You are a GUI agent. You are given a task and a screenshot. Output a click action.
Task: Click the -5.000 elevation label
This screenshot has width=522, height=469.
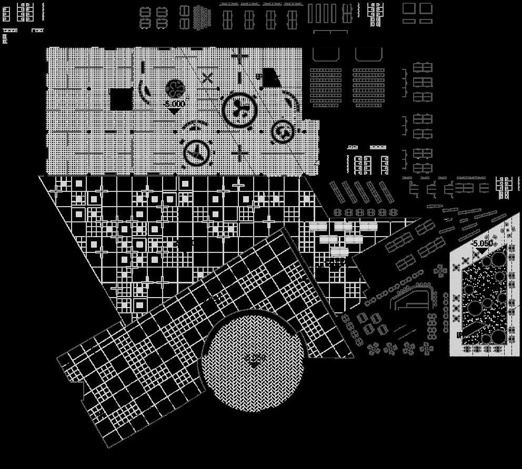(174, 104)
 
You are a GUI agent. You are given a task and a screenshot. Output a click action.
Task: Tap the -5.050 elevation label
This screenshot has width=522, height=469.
(483, 243)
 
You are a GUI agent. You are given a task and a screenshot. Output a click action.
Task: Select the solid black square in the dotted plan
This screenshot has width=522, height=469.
(121, 99)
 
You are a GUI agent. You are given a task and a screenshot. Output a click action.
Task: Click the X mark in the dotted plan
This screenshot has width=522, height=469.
(207, 78)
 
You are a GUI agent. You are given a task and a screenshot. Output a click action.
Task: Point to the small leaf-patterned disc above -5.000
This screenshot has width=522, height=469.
(174, 88)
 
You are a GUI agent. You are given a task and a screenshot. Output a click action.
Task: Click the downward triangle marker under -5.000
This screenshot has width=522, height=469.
(174, 111)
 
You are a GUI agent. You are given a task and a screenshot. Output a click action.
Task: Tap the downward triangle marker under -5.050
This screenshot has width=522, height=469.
(477, 252)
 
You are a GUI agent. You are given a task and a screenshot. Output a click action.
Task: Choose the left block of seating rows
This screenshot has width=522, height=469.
(325, 87)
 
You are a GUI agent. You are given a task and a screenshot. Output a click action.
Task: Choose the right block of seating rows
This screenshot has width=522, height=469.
(368, 87)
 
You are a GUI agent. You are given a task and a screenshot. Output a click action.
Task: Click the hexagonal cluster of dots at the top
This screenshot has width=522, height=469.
(202, 17)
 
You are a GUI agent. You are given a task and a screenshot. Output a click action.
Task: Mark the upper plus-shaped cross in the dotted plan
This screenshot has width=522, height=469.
(240, 56)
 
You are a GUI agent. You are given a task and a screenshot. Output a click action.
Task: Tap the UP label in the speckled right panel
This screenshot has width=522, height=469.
(459, 335)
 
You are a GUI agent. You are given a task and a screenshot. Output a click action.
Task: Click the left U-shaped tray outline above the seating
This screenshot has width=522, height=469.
(326, 54)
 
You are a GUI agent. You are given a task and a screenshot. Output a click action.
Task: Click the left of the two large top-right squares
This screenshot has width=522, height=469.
(409, 8)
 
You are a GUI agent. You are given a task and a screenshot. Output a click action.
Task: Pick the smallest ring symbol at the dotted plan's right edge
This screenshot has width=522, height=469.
(282, 131)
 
